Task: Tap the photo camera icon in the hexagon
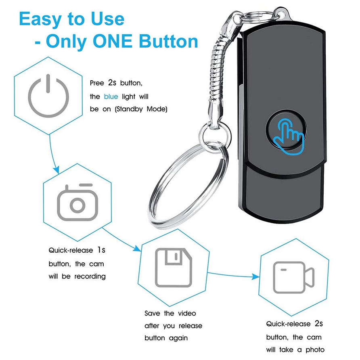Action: (x=77, y=202)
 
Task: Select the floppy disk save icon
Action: (x=174, y=268)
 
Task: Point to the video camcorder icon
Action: (x=294, y=277)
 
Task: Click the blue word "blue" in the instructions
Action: (x=111, y=96)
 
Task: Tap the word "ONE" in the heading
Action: (x=113, y=41)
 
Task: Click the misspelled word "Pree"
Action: (x=97, y=83)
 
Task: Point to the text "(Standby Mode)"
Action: (x=141, y=109)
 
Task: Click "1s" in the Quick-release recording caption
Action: (x=101, y=250)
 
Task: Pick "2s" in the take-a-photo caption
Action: (x=319, y=324)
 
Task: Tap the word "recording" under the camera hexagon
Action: (x=90, y=276)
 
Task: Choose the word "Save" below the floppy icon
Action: (x=152, y=314)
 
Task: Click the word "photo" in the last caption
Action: (x=315, y=350)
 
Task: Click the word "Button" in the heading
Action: (x=168, y=41)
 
